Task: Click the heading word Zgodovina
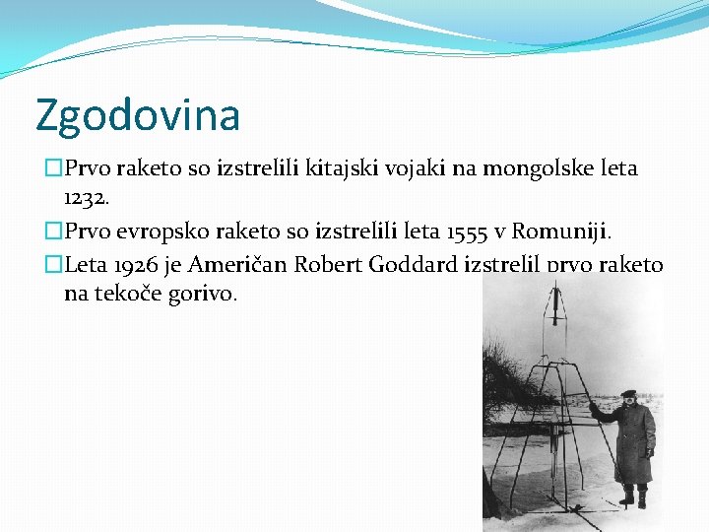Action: (x=137, y=114)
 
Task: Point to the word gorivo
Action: (x=203, y=294)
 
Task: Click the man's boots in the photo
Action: (x=633, y=498)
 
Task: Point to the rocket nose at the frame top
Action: (x=556, y=296)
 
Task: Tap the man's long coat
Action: (x=632, y=443)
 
